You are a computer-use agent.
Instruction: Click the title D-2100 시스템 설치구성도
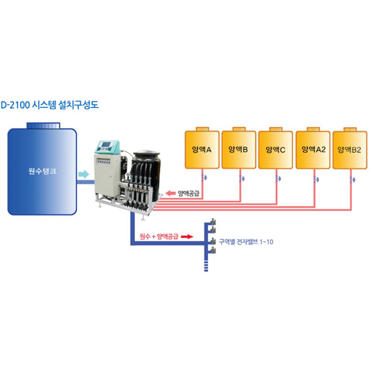49,105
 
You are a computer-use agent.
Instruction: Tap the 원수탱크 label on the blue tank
43,172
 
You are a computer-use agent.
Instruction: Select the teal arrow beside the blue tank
84,173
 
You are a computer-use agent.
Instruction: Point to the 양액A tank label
202,150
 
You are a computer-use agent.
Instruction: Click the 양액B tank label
238,150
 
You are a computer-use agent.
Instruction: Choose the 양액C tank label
275,150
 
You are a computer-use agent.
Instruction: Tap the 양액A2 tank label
313,150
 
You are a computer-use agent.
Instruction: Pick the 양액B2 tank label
350,150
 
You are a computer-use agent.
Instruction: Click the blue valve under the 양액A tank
203,178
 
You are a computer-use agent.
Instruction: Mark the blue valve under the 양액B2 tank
352,180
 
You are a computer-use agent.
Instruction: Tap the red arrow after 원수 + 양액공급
188,236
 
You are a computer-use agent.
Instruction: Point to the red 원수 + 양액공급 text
159,236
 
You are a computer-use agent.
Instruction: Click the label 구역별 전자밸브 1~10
246,242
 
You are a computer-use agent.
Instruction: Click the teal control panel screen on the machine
107,145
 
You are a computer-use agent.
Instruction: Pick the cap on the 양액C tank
275,129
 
